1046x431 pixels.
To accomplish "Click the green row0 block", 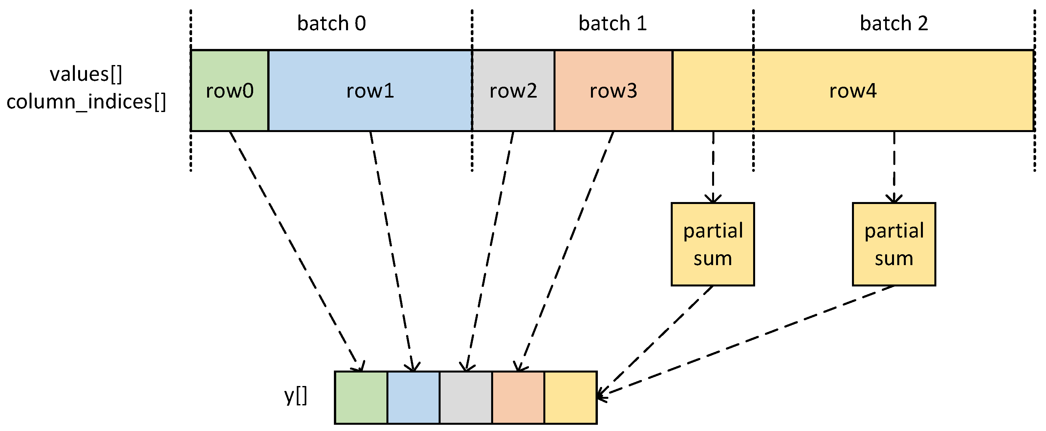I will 229,91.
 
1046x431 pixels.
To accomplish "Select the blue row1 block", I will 370,91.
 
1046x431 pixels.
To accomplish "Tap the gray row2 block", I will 513,91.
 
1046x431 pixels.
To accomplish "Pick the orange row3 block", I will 613,91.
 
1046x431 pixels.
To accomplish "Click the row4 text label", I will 853,91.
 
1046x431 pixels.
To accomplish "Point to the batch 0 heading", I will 331,23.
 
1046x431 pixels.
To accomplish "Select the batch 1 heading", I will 612,23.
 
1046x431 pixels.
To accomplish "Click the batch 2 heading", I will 894,23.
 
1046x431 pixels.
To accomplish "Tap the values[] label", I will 86,74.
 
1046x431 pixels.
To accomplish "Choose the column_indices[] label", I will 86,102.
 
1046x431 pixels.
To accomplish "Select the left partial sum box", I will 713,244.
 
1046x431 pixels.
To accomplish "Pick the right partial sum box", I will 894,244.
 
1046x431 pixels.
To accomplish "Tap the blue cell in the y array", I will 413,397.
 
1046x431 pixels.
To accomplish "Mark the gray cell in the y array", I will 466,397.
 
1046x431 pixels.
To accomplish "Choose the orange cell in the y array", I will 518,397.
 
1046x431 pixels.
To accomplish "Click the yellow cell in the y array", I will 570,397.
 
